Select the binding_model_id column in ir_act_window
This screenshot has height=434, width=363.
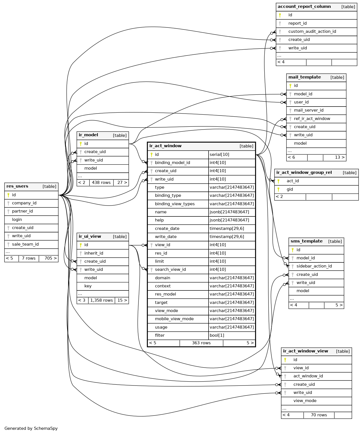172,163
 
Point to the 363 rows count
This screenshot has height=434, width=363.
201,343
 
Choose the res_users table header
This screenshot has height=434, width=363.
17,186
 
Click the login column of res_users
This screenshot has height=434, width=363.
17,220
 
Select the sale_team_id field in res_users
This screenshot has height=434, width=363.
25,244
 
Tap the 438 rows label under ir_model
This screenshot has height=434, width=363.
101,183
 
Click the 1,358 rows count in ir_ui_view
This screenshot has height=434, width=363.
101,300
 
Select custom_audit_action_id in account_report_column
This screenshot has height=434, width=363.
312,31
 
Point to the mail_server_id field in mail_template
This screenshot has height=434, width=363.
309,110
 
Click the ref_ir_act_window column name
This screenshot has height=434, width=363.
312,119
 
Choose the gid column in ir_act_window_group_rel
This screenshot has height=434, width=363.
290,189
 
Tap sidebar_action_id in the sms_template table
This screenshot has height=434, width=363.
314,266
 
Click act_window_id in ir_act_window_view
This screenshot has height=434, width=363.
308,376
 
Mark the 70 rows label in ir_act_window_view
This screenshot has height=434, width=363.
319,415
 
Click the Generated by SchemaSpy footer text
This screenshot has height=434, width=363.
31,428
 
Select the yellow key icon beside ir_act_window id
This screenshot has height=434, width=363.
151,154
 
